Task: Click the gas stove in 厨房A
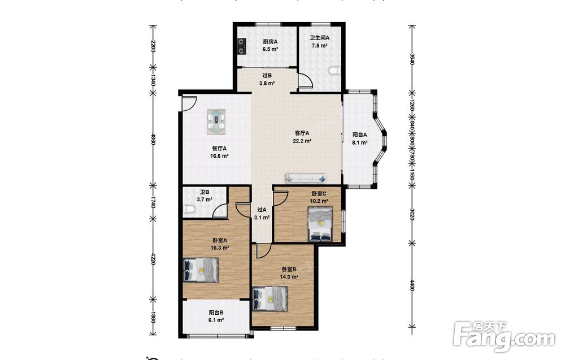tap(241, 46)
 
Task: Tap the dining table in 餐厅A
tap(216, 122)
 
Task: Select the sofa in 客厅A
tap(307, 177)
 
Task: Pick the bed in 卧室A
tap(201, 270)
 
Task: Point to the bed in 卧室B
tap(270, 298)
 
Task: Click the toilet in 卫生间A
tap(334, 71)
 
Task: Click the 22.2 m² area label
tap(302, 141)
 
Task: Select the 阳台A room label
tap(359, 135)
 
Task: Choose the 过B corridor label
tap(267, 76)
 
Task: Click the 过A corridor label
tap(262, 210)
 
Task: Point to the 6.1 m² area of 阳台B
tap(216, 320)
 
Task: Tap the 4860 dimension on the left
tap(153, 139)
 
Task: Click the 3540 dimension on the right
tap(412, 59)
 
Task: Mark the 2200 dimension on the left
tap(153, 46)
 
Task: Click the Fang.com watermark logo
tap(505, 336)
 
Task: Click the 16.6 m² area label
tap(219, 157)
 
